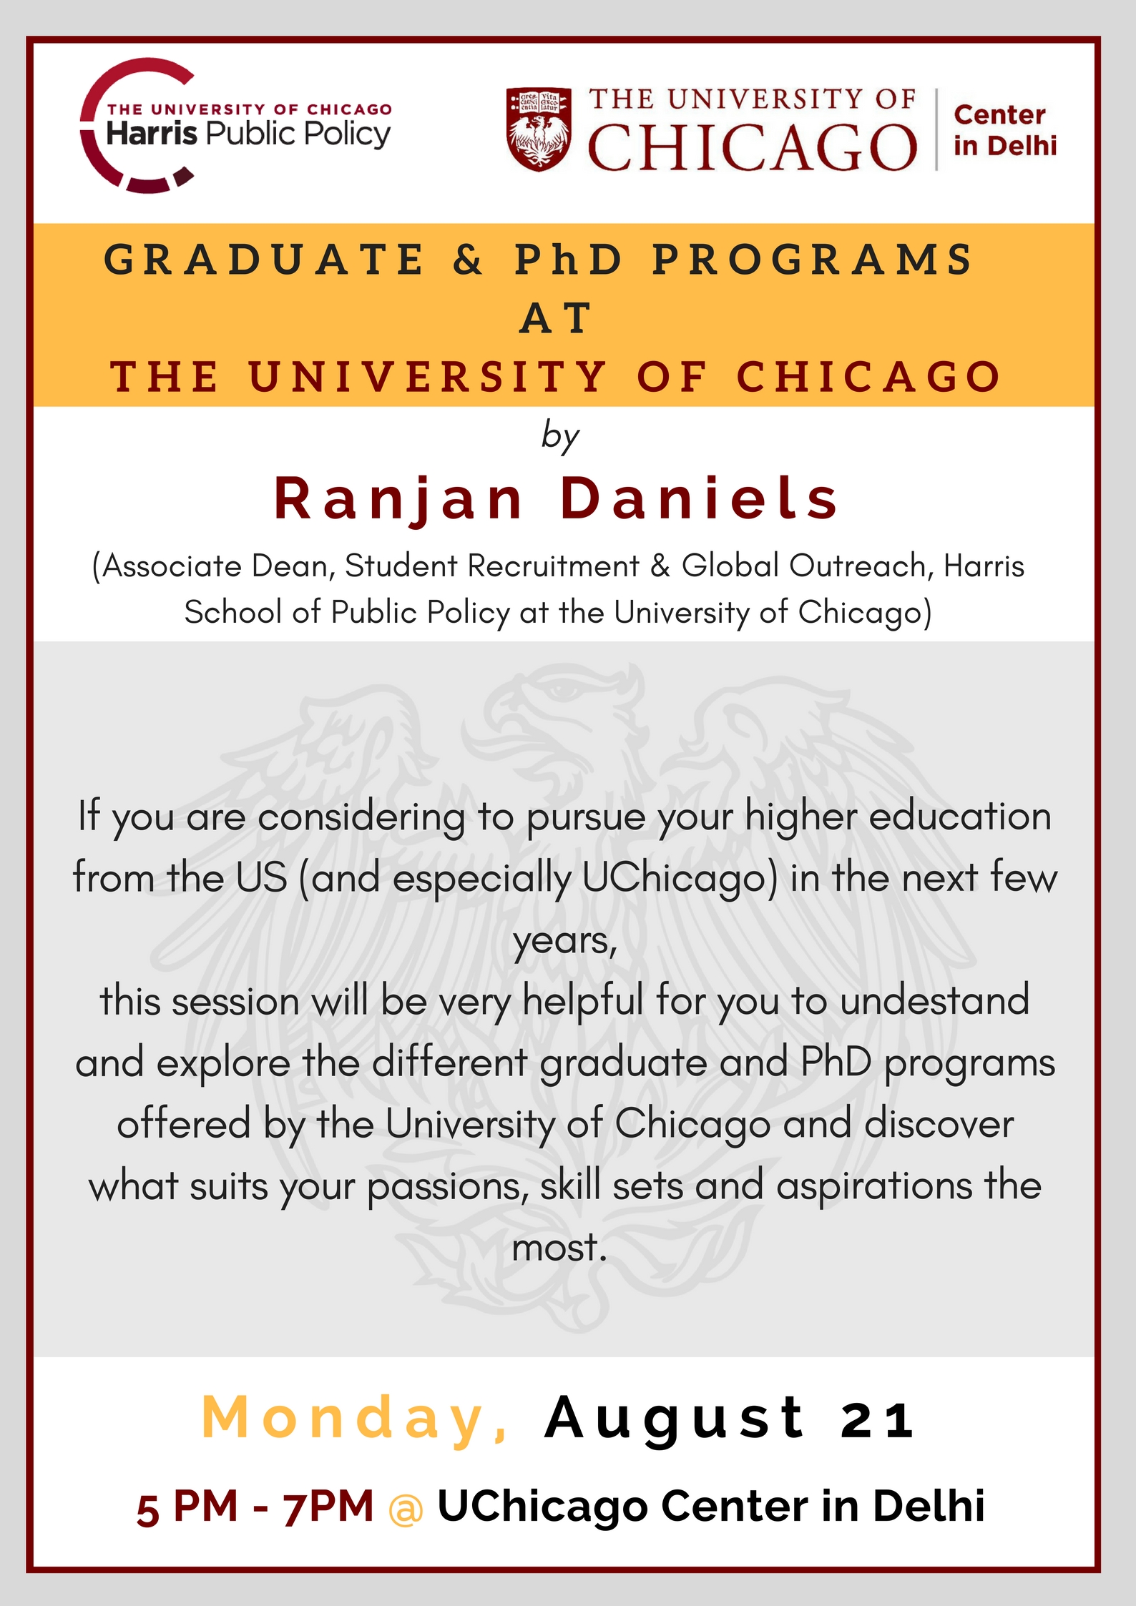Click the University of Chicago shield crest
point(539,129)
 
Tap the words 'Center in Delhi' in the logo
point(1004,129)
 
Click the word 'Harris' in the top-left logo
point(152,133)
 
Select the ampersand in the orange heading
point(469,260)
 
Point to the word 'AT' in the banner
point(556,318)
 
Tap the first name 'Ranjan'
point(399,499)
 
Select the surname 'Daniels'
point(699,498)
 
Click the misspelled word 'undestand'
point(935,1000)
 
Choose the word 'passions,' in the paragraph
point(448,1186)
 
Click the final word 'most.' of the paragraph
point(559,1248)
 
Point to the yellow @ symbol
point(406,1509)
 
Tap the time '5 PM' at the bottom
point(187,1507)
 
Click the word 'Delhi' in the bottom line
point(929,1506)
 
